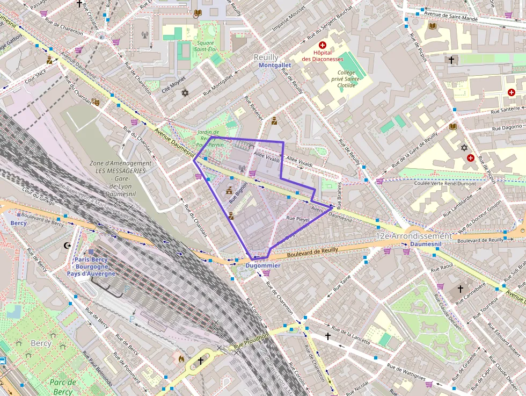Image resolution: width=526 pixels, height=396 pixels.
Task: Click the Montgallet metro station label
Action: pos(274,65)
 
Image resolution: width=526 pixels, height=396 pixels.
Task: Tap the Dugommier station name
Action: pos(263,266)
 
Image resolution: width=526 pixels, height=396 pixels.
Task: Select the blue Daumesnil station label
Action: pos(425,244)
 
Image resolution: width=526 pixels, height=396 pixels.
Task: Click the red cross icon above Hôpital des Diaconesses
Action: pos(323,46)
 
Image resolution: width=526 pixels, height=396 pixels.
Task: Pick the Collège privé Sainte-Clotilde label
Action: pos(347,78)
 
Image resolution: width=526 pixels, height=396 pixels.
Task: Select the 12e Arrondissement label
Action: pos(413,236)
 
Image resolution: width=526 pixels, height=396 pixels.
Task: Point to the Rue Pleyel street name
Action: pos(298,219)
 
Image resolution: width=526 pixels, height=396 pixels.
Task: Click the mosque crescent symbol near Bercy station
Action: pos(67,246)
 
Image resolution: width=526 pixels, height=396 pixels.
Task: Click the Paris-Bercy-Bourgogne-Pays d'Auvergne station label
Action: pos(91,267)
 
